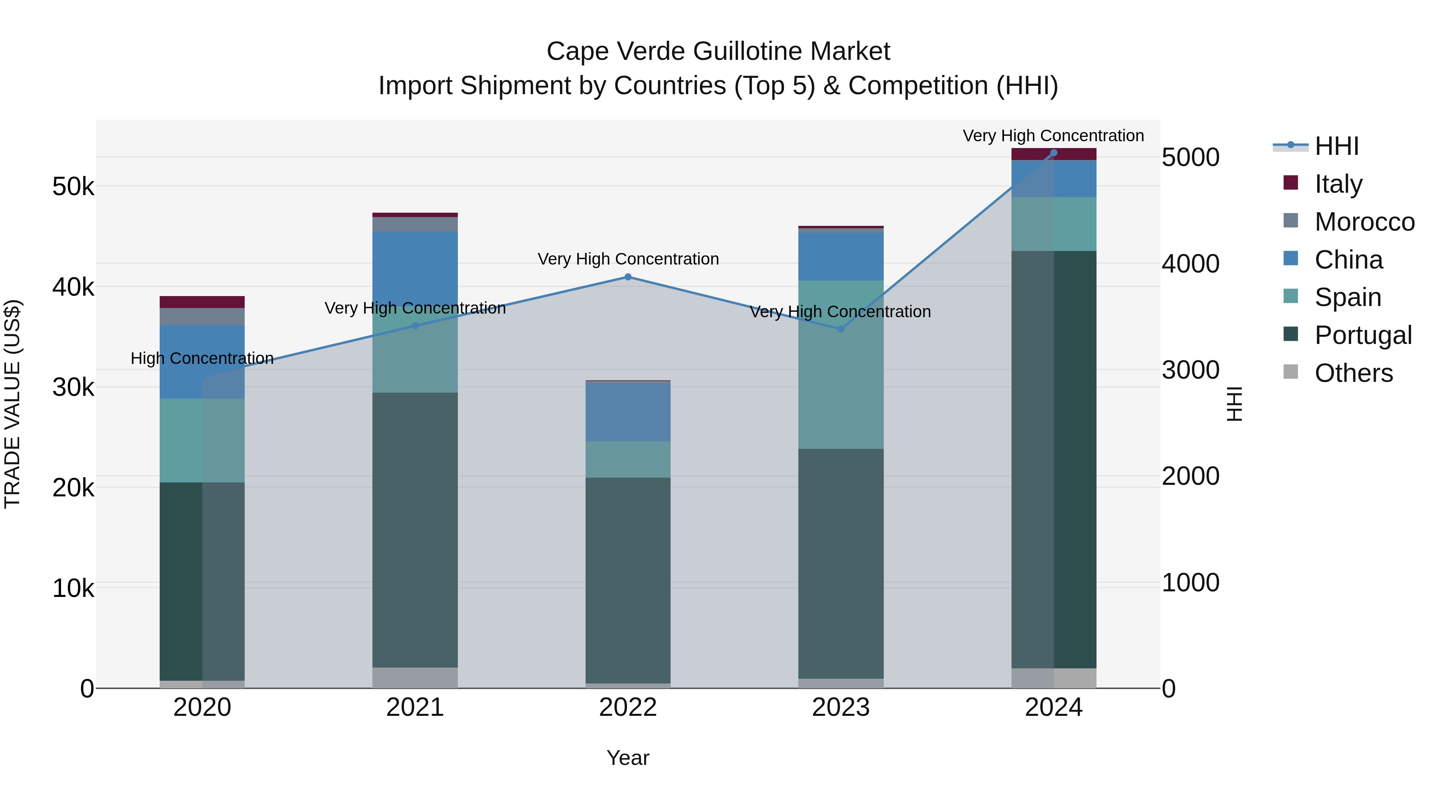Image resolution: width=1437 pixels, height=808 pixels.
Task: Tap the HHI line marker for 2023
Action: (x=841, y=329)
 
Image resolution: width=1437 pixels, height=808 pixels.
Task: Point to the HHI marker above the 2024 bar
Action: (x=1053, y=152)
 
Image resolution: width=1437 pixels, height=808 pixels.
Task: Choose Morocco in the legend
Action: (x=1364, y=221)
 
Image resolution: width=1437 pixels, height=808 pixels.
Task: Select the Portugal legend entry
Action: (x=1362, y=335)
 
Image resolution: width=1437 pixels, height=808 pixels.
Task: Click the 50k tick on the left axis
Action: (x=73, y=186)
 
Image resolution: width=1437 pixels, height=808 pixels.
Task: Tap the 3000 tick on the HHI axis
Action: (x=1190, y=370)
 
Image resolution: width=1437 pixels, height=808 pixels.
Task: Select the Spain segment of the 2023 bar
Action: (x=841, y=364)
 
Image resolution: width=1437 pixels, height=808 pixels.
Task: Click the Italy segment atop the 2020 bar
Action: (x=202, y=302)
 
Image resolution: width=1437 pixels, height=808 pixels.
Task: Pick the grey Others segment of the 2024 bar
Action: (x=1053, y=678)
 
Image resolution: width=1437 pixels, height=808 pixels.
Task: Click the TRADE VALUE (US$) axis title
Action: (x=12, y=404)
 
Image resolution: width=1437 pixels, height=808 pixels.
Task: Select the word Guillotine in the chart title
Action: (x=749, y=51)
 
